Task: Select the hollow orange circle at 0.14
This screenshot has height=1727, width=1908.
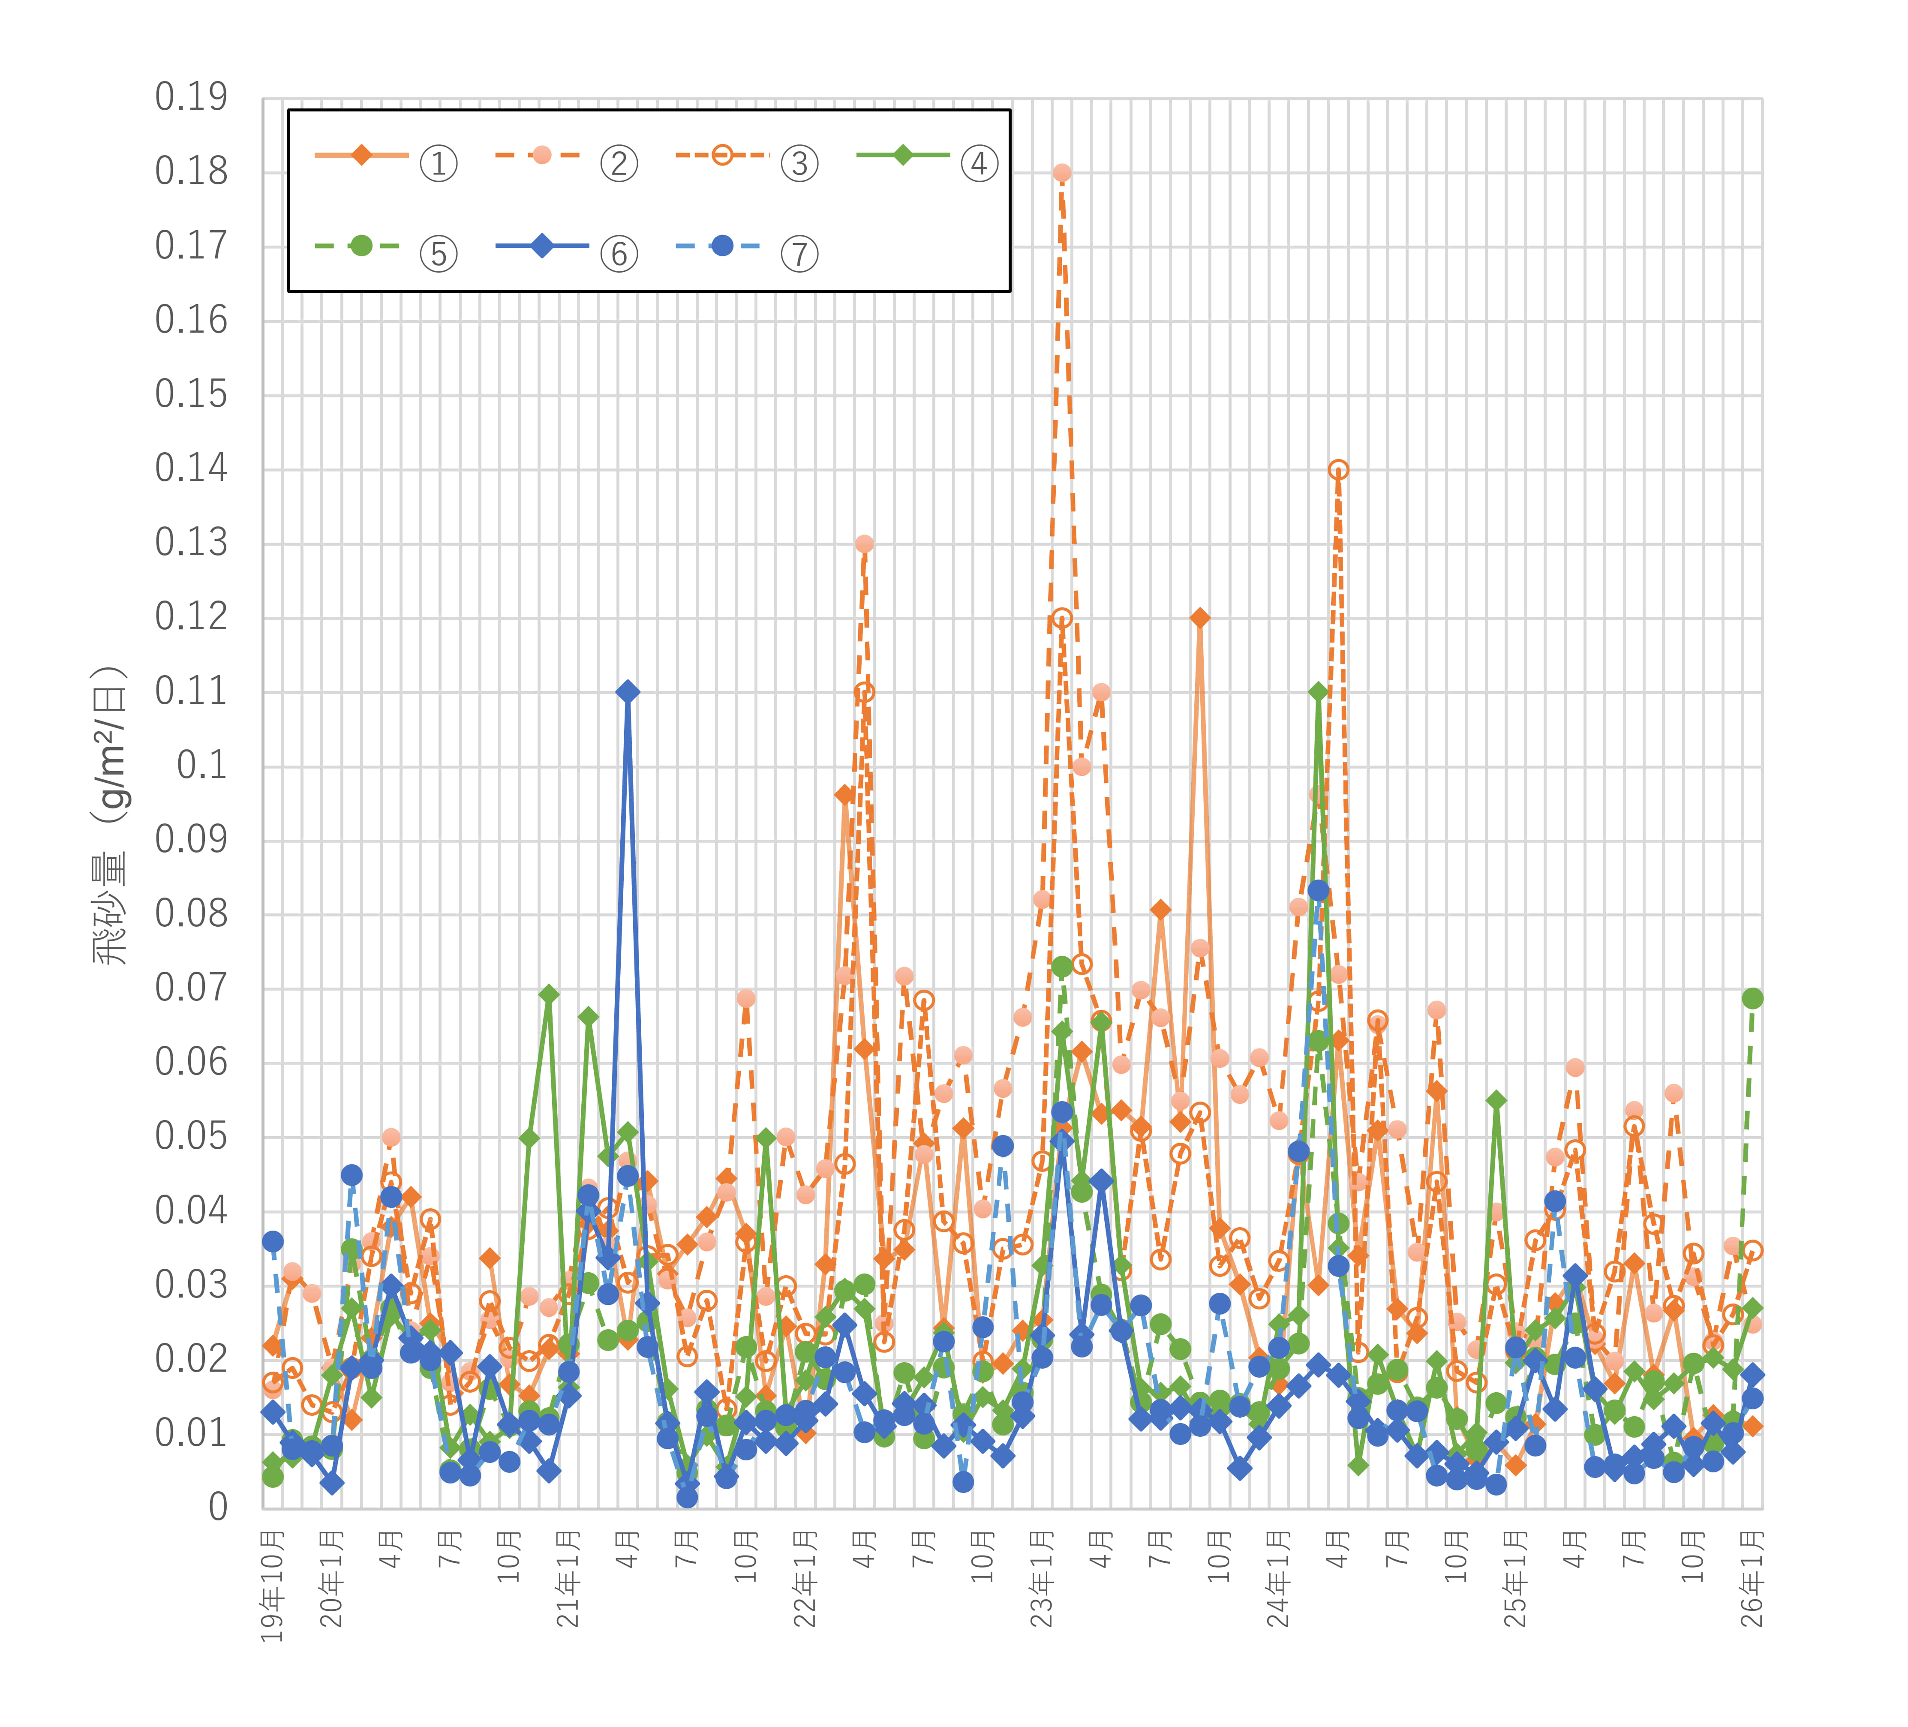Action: [1338, 469]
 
